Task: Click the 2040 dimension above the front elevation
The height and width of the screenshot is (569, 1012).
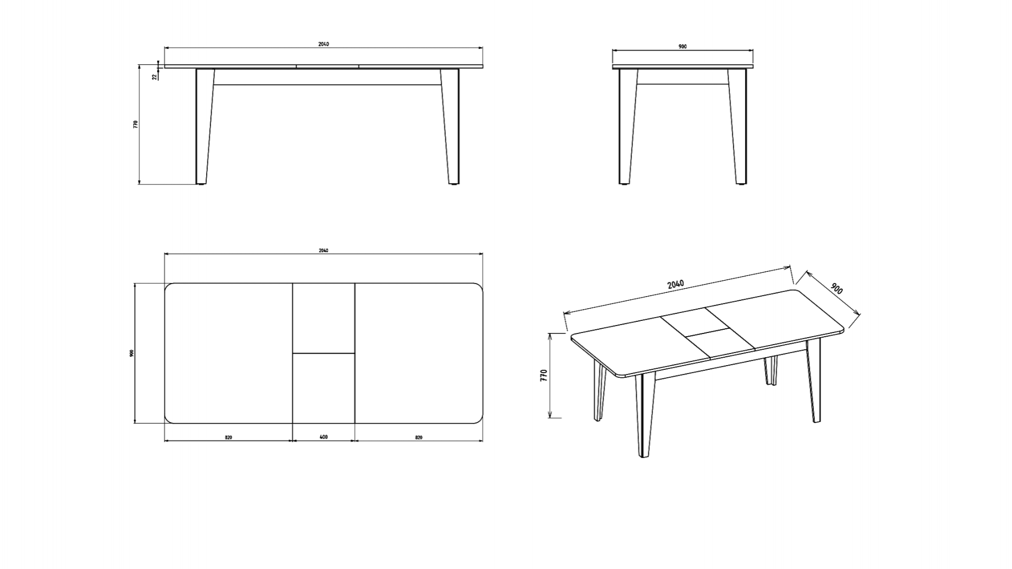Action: tap(323, 44)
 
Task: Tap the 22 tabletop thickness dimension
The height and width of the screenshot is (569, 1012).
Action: tap(154, 76)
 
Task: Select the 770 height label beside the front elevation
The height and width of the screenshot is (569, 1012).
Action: tap(135, 124)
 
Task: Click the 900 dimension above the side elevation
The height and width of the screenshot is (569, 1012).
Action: tap(683, 47)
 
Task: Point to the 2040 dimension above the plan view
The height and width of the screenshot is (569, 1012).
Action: tap(323, 250)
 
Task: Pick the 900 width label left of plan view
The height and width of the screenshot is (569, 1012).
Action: tap(132, 353)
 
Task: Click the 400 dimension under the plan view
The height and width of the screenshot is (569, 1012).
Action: tap(324, 437)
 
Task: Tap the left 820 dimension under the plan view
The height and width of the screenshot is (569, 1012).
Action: tap(228, 437)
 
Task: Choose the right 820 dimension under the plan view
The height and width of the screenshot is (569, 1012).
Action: tap(419, 437)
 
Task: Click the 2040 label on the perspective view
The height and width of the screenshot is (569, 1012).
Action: tap(676, 284)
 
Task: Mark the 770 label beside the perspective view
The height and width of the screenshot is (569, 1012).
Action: tap(544, 375)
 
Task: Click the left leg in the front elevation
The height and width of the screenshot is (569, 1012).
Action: tap(205, 126)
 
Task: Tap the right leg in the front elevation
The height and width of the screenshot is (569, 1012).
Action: tap(450, 126)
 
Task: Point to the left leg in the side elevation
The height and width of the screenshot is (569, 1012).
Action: tap(628, 126)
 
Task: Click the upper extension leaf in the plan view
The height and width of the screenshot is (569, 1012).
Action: tap(324, 318)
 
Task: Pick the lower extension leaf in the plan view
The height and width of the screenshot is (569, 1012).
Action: tap(324, 388)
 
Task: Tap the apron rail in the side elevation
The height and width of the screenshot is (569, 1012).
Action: tap(683, 77)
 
